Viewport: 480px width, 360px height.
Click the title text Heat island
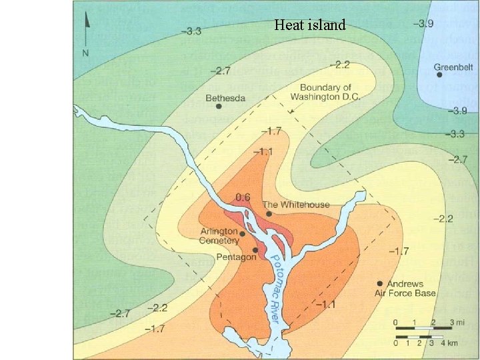310,25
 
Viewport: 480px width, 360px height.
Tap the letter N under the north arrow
85,53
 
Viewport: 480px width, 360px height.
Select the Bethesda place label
225,98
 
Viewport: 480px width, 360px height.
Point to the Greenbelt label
453,67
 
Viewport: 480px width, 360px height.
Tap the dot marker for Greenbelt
440,75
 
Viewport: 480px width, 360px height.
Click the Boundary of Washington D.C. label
326,92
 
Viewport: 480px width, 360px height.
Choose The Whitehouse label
296,204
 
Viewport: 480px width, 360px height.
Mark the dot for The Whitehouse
269,214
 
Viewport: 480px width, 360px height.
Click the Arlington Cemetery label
219,236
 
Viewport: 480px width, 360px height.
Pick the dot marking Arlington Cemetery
242,234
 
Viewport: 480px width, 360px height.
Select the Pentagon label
236,257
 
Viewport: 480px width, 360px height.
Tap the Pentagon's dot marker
255,250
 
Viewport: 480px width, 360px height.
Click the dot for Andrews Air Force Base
379,283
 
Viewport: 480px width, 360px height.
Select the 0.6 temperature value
243,197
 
